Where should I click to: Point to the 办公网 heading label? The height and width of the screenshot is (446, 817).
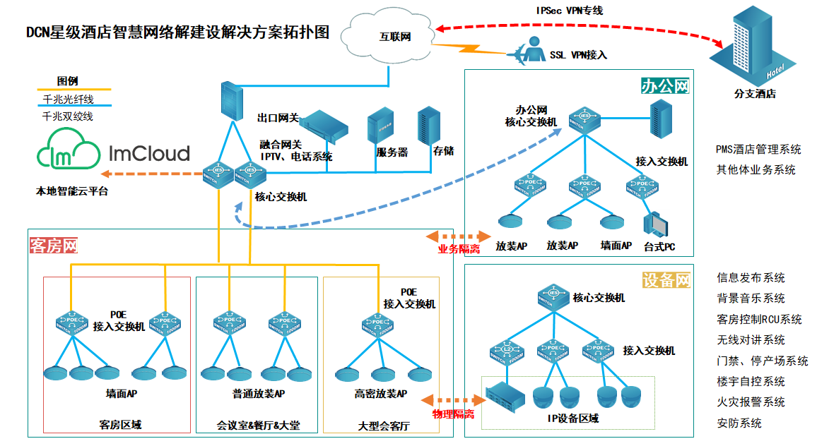[665, 86]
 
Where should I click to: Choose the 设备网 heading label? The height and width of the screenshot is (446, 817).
[666, 279]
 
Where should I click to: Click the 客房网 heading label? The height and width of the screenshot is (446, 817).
[53, 246]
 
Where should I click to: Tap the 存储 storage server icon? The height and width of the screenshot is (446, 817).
[428, 126]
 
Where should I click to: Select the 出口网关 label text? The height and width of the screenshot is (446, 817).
[278, 116]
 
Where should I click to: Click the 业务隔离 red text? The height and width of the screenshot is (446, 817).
[459, 249]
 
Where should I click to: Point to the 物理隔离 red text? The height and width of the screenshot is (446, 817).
[452, 414]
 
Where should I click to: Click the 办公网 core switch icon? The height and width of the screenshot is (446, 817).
[584, 117]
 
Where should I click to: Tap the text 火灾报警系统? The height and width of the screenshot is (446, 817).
[751, 402]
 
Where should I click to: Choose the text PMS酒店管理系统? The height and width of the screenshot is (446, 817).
[758, 150]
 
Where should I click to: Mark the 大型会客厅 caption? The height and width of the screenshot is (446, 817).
[382, 426]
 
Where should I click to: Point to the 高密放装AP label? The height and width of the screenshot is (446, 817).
[381, 393]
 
